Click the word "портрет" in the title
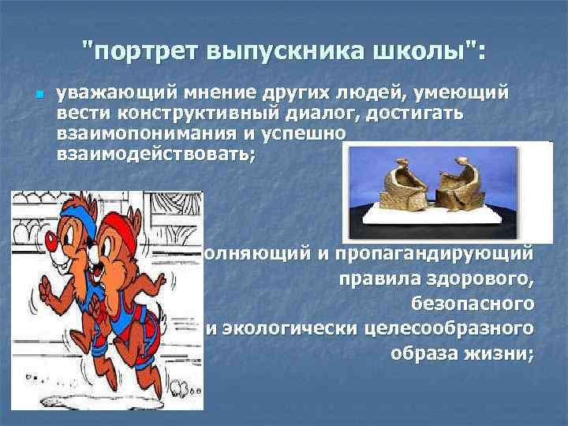coord(152,51)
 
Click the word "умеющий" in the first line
coord(465,95)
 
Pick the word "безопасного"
coord(473,304)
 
